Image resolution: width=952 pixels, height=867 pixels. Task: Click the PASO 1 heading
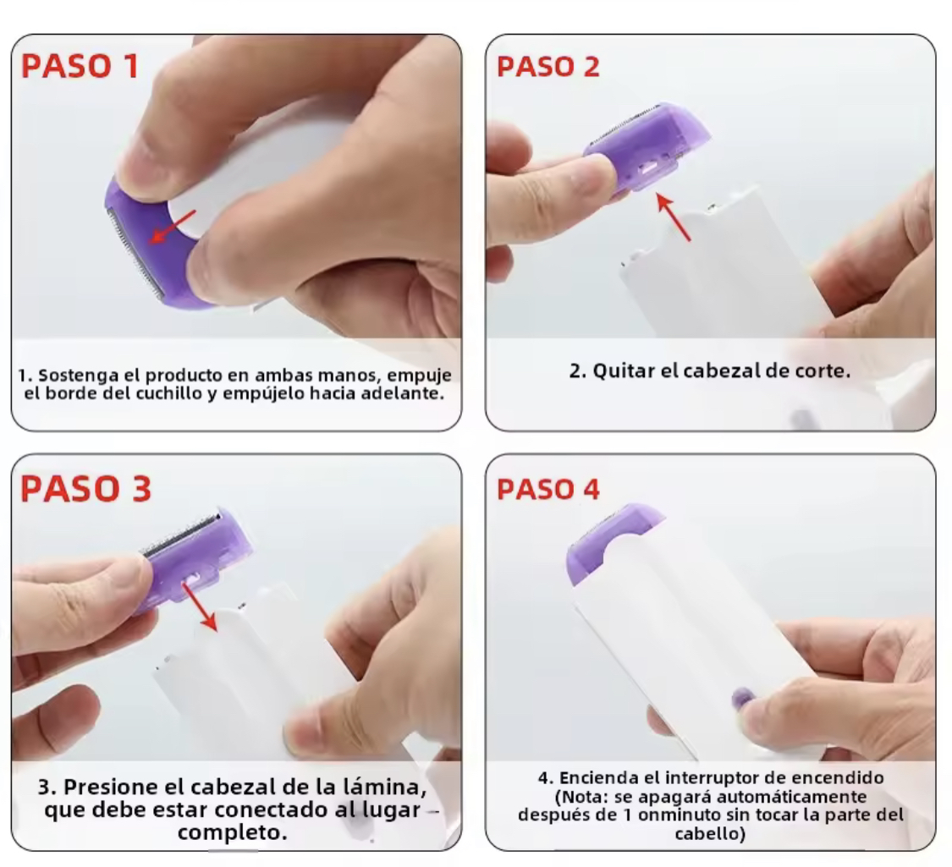(x=80, y=65)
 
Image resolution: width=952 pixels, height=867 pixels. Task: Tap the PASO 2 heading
(x=548, y=66)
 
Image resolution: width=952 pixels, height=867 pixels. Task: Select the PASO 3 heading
(x=85, y=488)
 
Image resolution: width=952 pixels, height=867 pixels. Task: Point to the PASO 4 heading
(x=548, y=489)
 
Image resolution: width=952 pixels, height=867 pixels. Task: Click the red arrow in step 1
(x=173, y=227)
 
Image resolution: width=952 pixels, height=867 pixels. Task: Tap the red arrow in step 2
(x=674, y=217)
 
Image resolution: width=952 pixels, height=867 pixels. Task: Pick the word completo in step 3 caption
(x=233, y=832)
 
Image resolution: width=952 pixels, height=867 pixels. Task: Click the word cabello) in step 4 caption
(x=710, y=833)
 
